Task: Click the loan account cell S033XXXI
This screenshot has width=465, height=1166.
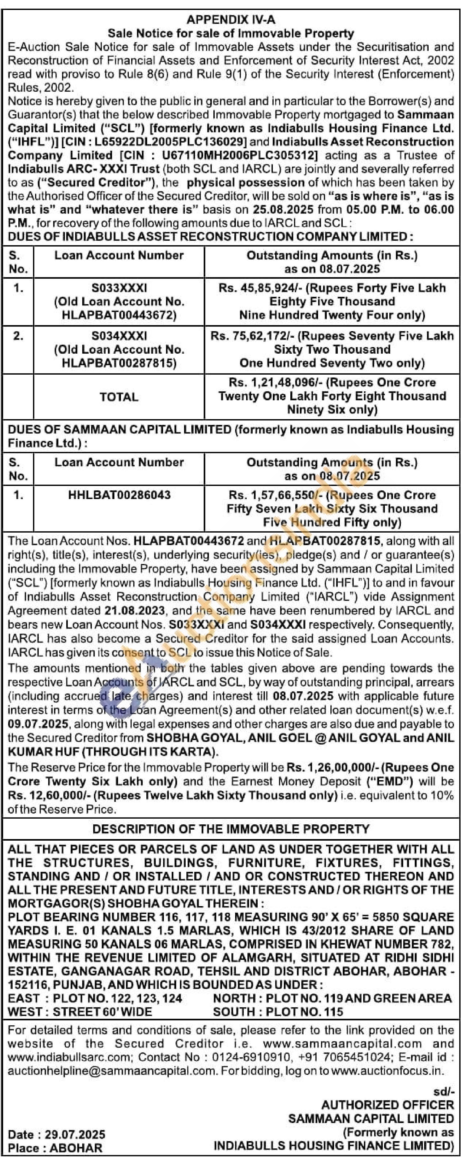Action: (119, 288)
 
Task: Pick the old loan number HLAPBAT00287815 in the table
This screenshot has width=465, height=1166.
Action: (119, 363)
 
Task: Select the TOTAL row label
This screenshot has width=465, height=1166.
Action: (119, 397)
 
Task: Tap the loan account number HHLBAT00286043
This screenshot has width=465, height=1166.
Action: (119, 495)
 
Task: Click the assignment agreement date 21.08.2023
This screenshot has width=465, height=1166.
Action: (135, 611)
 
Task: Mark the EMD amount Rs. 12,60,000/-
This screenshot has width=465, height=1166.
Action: (49, 795)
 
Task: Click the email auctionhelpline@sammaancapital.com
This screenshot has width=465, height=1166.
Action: (111, 1071)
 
